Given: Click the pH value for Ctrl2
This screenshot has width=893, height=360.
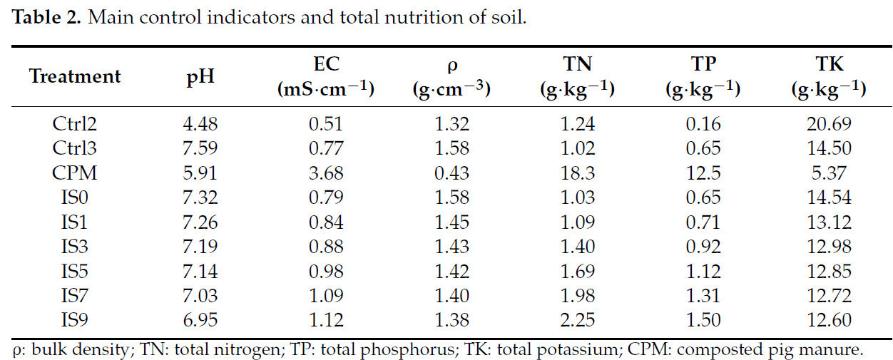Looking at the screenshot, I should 200,124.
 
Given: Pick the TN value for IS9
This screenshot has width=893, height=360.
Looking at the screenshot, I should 577,320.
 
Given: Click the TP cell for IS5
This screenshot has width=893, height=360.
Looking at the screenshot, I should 703,271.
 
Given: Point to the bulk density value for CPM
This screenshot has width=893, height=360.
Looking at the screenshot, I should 451,173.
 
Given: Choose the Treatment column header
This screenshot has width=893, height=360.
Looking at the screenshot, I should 75,76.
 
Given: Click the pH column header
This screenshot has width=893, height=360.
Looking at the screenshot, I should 200,76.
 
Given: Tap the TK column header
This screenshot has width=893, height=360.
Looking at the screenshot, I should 827,64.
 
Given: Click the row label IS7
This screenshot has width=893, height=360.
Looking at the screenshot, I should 75,295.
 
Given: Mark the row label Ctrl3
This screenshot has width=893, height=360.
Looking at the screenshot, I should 75,149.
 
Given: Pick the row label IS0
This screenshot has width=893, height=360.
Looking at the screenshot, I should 75,197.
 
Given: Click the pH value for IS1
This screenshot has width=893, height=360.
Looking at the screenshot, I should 200,222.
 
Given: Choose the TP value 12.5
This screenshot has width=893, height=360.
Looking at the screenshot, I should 703,173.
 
